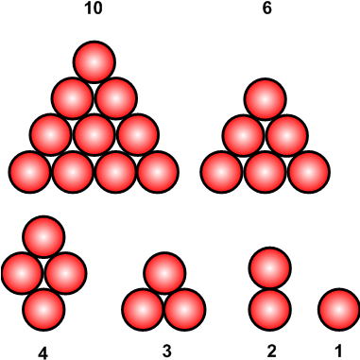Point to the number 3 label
[166, 352]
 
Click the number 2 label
[271, 352]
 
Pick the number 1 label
[338, 352]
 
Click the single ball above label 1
[338, 309]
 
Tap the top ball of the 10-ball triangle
[94, 61]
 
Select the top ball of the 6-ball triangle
[266, 98]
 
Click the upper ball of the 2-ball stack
[270, 268]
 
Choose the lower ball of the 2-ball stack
[270, 308]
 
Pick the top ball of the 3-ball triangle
[164, 273]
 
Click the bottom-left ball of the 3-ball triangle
[144, 309]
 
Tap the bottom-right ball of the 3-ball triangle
[185, 309]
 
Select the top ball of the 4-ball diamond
[43, 236]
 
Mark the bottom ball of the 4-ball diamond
[43, 308]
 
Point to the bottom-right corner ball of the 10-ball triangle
[159, 171]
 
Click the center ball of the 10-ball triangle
[94, 134]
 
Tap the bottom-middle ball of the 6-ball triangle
[266, 171]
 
